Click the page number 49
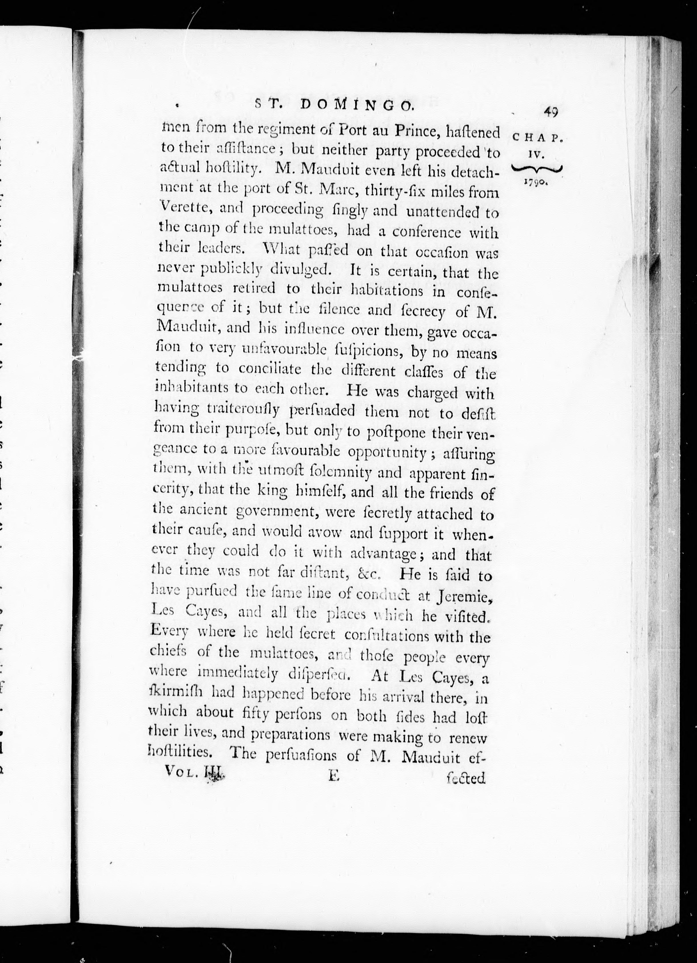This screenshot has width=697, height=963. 550,113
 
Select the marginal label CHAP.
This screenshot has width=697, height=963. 538,138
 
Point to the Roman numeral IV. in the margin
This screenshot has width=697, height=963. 537,156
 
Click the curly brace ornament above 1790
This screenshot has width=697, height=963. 537,169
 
